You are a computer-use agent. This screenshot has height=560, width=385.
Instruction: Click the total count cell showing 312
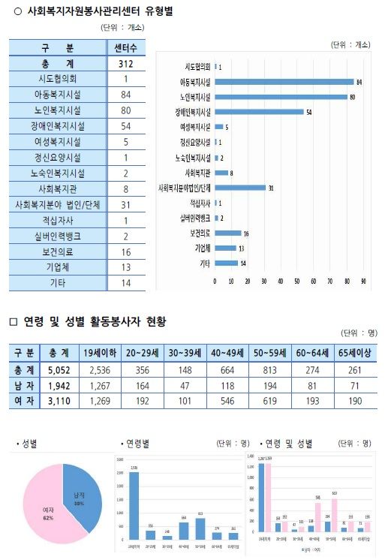click(x=125, y=65)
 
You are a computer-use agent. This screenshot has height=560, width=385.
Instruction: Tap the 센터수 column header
click(x=125, y=48)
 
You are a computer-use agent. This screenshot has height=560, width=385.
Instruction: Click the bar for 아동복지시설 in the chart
click(x=284, y=82)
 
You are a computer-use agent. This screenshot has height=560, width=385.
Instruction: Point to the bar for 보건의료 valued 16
click(x=228, y=233)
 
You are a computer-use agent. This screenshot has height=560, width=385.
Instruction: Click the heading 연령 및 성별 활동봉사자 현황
click(x=94, y=321)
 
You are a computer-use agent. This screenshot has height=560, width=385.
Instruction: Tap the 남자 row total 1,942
click(x=59, y=384)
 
